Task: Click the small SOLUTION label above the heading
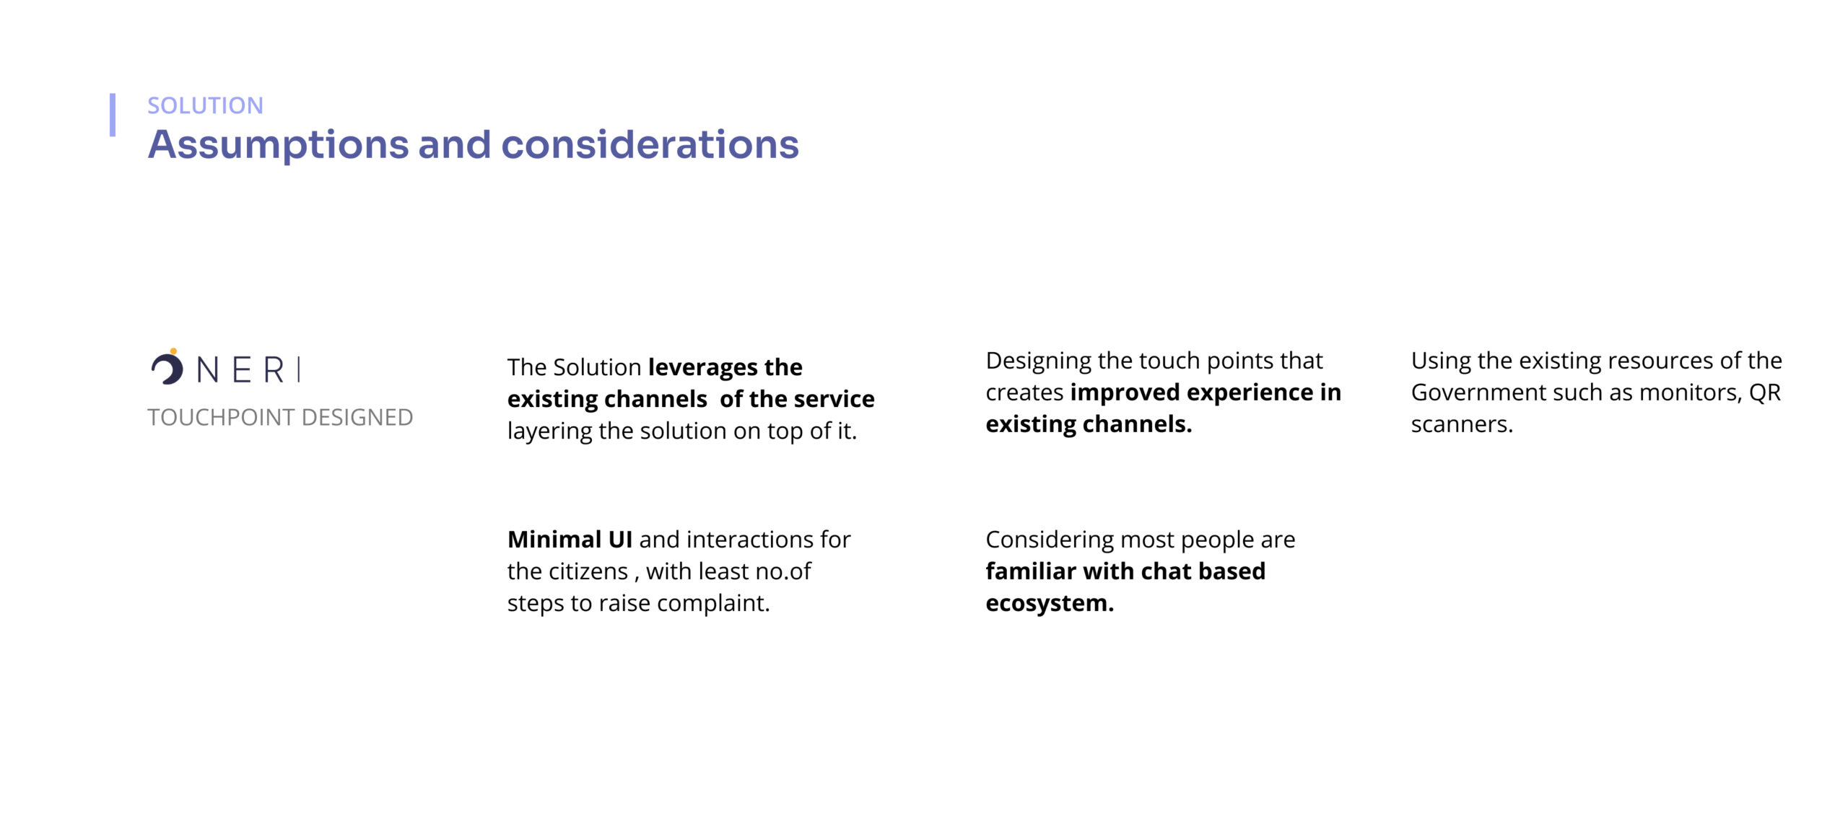pos(205,105)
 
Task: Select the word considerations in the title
pos(650,144)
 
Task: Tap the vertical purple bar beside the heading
pos(113,115)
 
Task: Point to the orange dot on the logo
pos(173,351)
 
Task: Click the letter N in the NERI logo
pos(208,370)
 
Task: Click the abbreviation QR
pos(1765,393)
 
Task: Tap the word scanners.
pos(1462,425)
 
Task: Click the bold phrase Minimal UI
pos(570,540)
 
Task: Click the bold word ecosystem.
pos(1050,604)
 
